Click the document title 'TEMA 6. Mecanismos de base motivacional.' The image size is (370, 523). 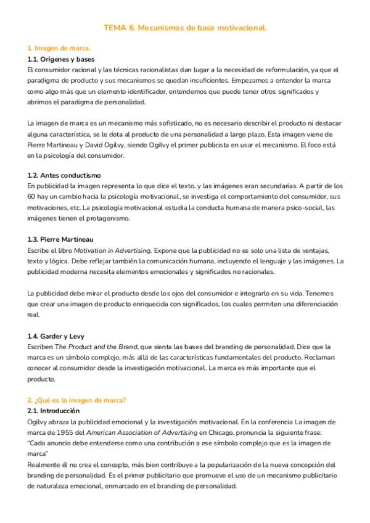[x=185, y=28]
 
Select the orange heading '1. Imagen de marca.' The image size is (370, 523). [x=59, y=48]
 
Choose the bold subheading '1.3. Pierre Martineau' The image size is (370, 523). [x=60, y=239]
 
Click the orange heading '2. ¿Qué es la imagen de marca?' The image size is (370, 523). [x=77, y=400]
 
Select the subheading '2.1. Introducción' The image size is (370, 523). [x=54, y=411]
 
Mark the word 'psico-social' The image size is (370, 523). [x=302, y=207]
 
